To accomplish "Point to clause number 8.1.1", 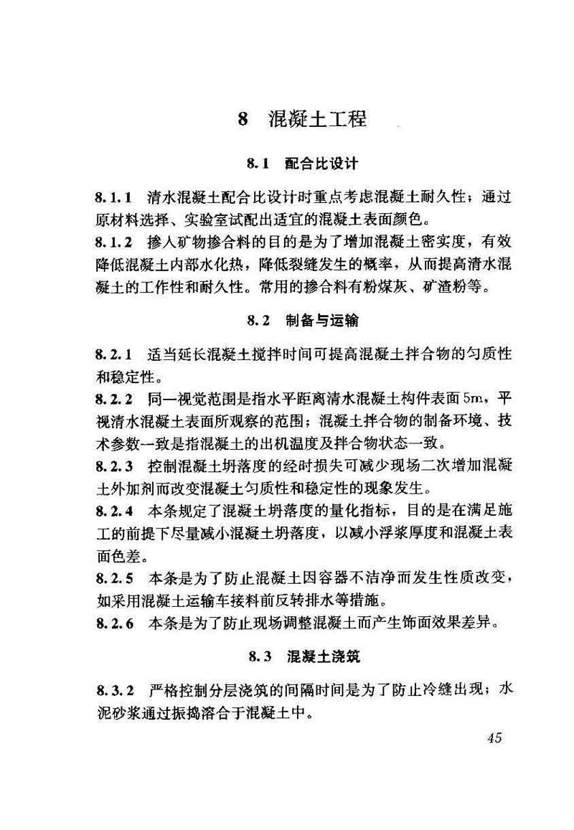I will click(113, 196).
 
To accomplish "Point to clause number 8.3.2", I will click(113, 690).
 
